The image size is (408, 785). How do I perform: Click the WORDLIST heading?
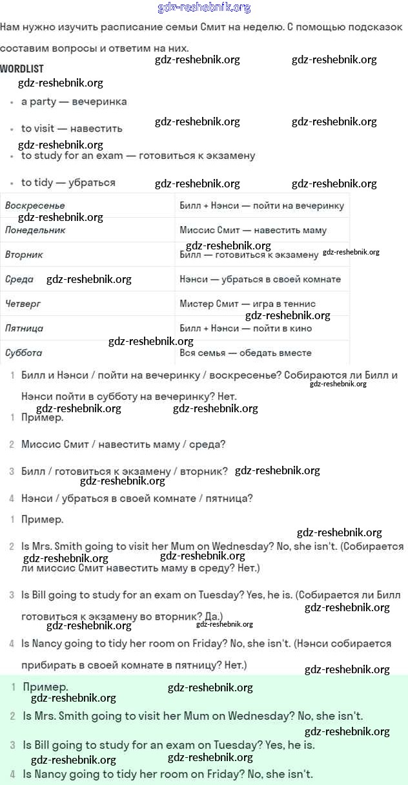pyautogui.click(x=22, y=68)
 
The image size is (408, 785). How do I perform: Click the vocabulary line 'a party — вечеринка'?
pyautogui.click(x=74, y=101)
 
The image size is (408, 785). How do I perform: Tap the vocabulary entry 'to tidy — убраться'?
pyautogui.click(x=68, y=183)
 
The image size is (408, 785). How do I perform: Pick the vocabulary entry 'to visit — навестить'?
pyautogui.click(x=72, y=129)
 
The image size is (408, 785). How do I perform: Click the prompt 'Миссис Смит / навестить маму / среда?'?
pyautogui.click(x=123, y=445)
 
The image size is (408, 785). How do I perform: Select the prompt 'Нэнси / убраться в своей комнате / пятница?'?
pyautogui.click(x=137, y=498)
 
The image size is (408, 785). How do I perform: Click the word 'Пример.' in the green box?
pyautogui.click(x=45, y=687)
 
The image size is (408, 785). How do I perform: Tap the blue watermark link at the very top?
pyautogui.click(x=204, y=8)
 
